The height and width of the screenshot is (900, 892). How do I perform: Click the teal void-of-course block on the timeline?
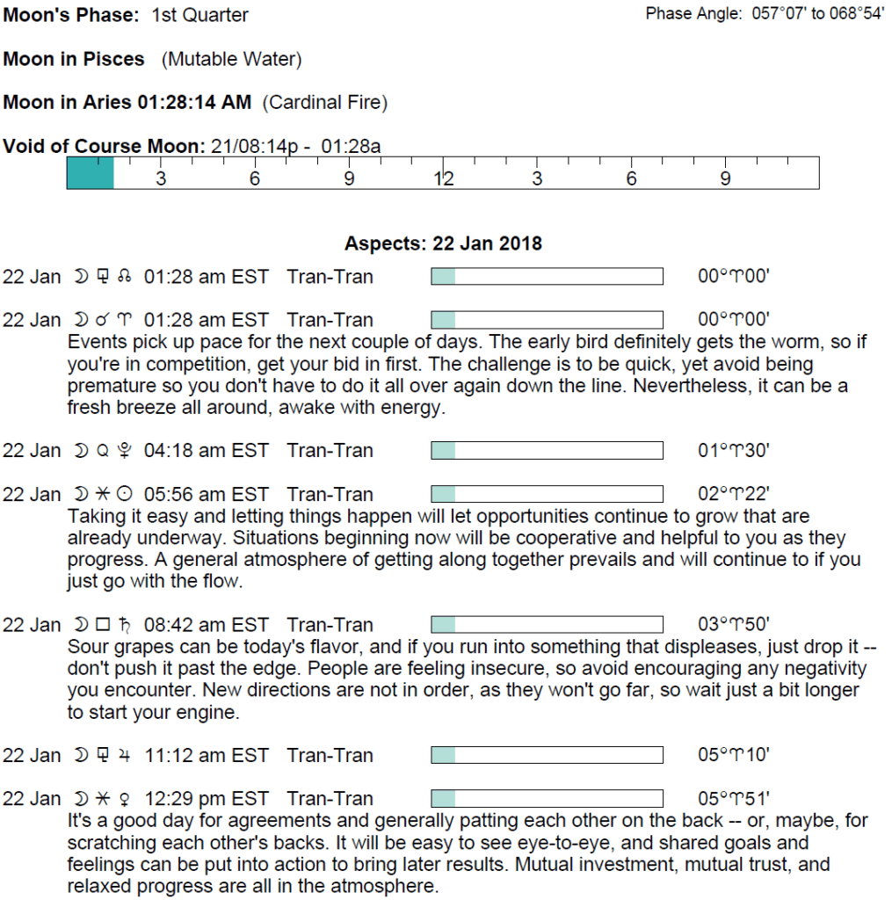[x=91, y=173]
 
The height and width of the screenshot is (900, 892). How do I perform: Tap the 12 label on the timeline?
[x=444, y=179]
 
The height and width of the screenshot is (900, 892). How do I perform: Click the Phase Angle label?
[x=694, y=14]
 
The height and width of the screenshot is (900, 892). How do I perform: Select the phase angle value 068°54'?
[x=853, y=14]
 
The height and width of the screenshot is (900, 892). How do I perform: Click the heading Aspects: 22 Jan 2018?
[x=443, y=243]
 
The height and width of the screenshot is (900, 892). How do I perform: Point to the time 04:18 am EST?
[x=206, y=451]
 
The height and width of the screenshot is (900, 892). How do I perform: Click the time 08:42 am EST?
[x=206, y=626]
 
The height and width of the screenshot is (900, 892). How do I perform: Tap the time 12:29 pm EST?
[x=206, y=800]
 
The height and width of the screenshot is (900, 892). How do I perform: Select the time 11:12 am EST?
[x=206, y=756]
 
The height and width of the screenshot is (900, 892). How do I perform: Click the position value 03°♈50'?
[x=734, y=626]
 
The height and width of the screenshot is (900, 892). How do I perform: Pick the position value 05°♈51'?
[x=734, y=800]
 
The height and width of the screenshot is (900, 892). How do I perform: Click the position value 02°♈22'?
[x=734, y=495]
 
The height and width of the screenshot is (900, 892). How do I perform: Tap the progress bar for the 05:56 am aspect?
[x=547, y=495]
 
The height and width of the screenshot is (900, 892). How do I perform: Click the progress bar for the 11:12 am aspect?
[x=547, y=756]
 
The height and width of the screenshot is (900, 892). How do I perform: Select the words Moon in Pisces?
[x=74, y=60]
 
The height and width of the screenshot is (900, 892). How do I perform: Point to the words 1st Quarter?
[x=199, y=15]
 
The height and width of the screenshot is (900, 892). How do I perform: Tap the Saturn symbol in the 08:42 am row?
[x=124, y=626]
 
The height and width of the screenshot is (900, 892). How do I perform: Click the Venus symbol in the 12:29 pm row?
[x=124, y=800]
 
